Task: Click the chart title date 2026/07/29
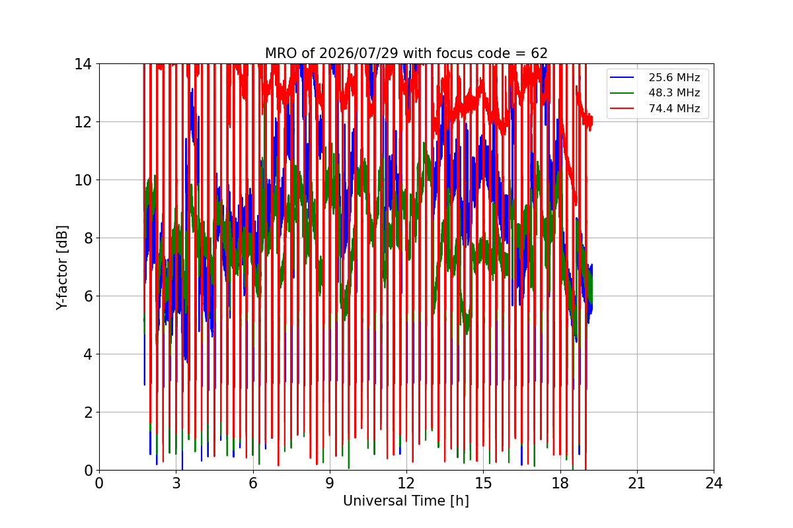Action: tap(359, 53)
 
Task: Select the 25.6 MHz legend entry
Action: tap(655, 77)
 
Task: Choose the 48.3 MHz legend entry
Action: tap(655, 92)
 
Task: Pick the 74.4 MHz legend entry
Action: tap(655, 108)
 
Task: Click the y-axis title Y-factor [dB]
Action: tap(61, 268)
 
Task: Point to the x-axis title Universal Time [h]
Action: tap(406, 501)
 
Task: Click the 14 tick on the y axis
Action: tap(83, 64)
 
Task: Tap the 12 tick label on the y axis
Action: tap(83, 122)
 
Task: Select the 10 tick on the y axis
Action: tap(83, 180)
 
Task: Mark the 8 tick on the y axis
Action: tap(88, 238)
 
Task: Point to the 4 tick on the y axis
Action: tap(88, 354)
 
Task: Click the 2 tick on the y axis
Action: tap(88, 412)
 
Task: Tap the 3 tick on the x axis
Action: tap(176, 483)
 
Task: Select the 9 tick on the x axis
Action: tap(330, 483)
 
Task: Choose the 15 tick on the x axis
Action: tap(484, 483)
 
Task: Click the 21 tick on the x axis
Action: tap(637, 483)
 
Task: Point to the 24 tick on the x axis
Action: tap(714, 483)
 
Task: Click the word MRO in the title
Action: tap(282, 53)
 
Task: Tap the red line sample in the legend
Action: tap(622, 108)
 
